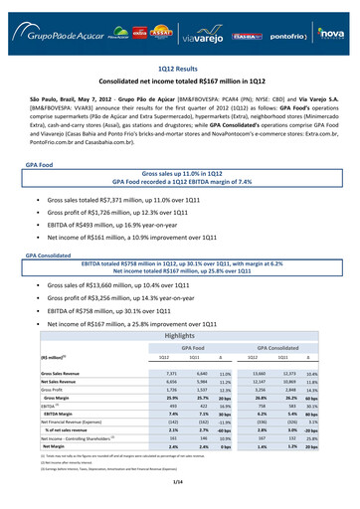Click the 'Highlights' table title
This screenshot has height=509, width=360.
click(x=179, y=336)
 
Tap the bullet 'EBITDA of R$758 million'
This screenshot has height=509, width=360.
click(x=105, y=310)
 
